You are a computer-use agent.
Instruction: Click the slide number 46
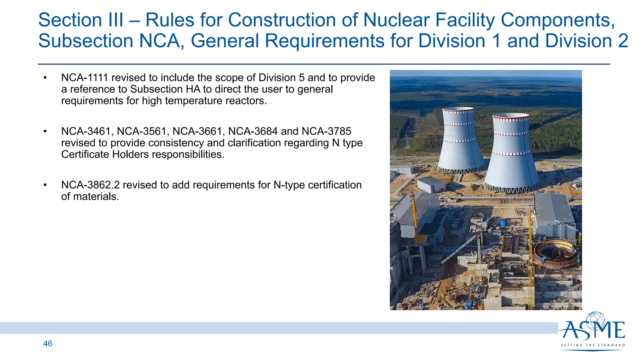pyautogui.click(x=48, y=343)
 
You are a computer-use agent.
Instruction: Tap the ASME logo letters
pyautogui.click(x=592, y=331)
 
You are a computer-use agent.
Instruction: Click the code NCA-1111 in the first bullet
pyautogui.click(x=84, y=77)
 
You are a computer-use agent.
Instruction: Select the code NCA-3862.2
pyautogui.click(x=90, y=185)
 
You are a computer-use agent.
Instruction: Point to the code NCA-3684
pyautogui.click(x=253, y=131)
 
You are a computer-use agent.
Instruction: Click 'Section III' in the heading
pyautogui.click(x=81, y=20)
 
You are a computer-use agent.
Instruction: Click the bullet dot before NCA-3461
pyautogui.click(x=45, y=132)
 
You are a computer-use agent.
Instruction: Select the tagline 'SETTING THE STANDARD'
pyautogui.click(x=592, y=345)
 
